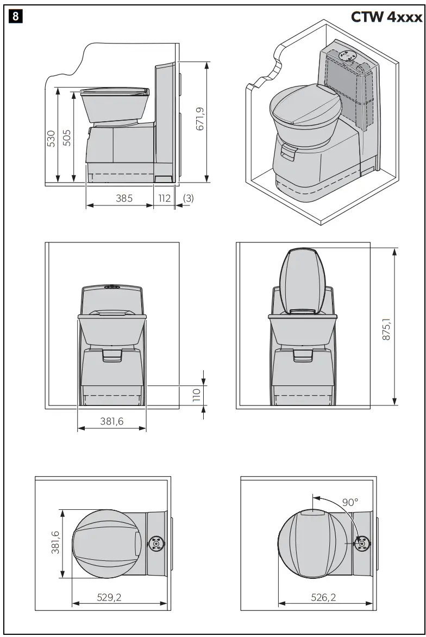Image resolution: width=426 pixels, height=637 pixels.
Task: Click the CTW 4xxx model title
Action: click(x=386, y=17)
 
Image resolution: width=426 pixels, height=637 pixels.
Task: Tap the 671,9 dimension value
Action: click(x=199, y=118)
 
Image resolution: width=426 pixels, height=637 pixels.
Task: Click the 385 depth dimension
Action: click(x=124, y=198)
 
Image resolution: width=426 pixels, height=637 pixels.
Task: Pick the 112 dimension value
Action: click(x=164, y=198)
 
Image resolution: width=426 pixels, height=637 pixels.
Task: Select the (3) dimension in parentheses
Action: click(x=188, y=198)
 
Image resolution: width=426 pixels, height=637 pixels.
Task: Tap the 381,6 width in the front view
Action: click(x=112, y=421)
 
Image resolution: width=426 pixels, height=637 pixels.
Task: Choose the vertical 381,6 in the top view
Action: click(x=55, y=543)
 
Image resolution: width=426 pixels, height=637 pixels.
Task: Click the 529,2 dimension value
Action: click(x=109, y=597)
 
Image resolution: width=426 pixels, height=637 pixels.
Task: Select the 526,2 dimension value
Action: click(x=323, y=597)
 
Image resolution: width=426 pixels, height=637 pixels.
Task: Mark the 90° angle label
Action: click(x=350, y=502)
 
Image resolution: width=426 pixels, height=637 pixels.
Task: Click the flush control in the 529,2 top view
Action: click(x=155, y=543)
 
